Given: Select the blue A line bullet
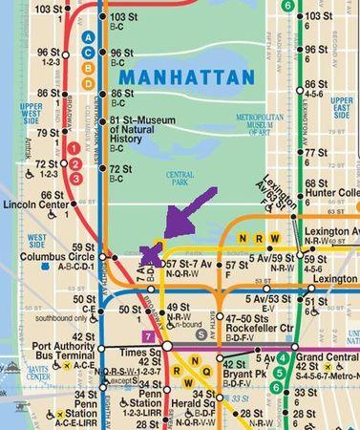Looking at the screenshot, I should pyautogui.click(x=89, y=37).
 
